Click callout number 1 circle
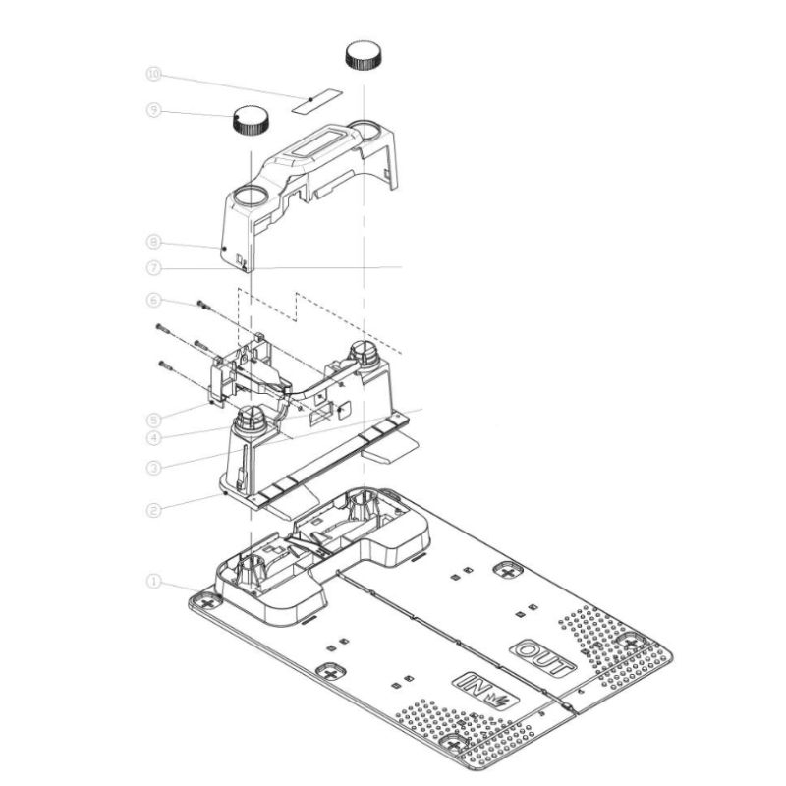pos(153,582)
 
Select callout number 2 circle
pos(153,511)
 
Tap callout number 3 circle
pos(153,469)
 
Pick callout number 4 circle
pos(153,438)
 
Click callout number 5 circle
pos(153,420)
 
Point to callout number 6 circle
pos(153,301)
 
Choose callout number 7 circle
pos(153,268)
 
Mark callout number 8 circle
pos(153,242)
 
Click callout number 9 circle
pos(153,110)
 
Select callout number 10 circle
pos(153,75)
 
